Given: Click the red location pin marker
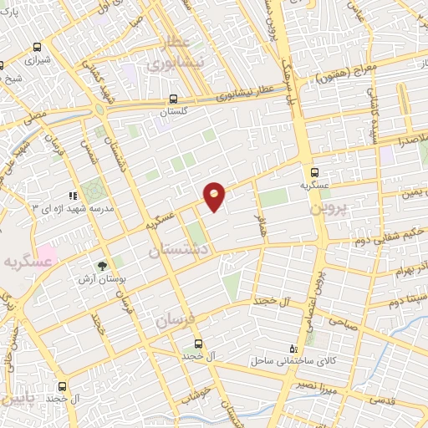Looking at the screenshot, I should point(215,196).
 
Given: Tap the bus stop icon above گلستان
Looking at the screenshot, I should point(175,99).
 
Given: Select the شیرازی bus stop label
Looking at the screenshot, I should point(38,61).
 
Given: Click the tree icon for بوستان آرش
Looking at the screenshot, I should point(102,267).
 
